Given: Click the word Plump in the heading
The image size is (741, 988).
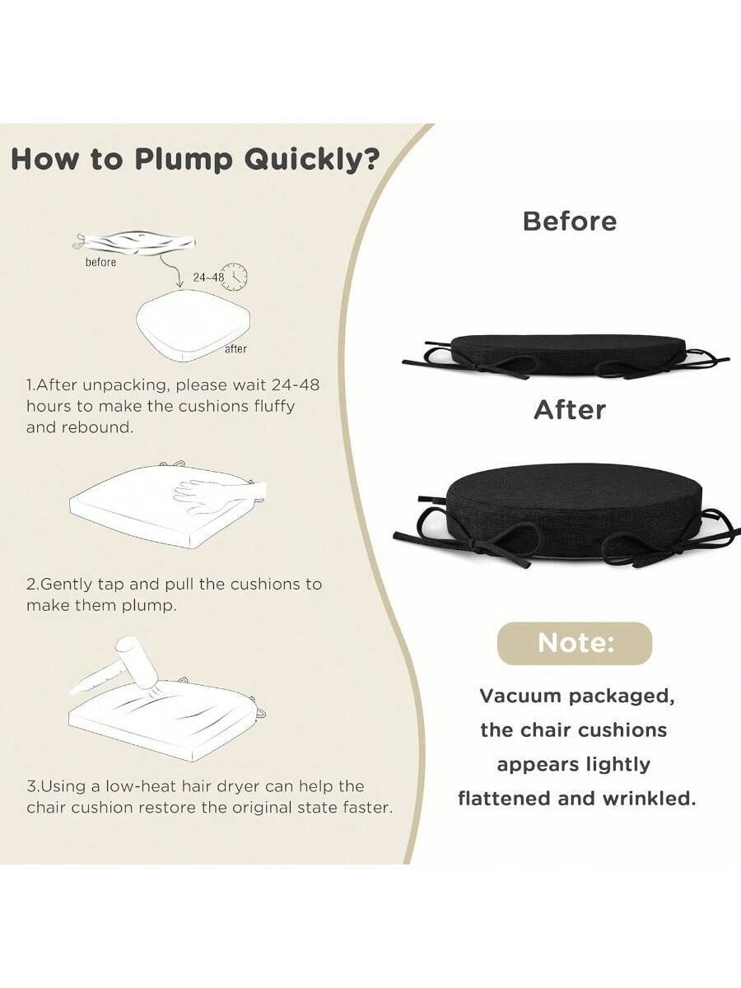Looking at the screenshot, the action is pos(186,161).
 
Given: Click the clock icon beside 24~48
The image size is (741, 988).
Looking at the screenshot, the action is pos(236,276).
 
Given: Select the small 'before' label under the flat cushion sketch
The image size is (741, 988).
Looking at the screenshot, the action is pos(100,262).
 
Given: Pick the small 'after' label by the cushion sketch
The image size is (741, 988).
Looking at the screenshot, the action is pos(235,349).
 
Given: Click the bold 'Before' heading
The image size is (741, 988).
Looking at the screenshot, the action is pos(570,221).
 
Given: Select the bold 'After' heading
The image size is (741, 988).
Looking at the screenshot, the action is pos(570,410).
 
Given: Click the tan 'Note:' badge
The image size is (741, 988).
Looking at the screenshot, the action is pos(575,643).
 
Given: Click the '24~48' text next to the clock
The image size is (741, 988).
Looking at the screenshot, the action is pos(208,277).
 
